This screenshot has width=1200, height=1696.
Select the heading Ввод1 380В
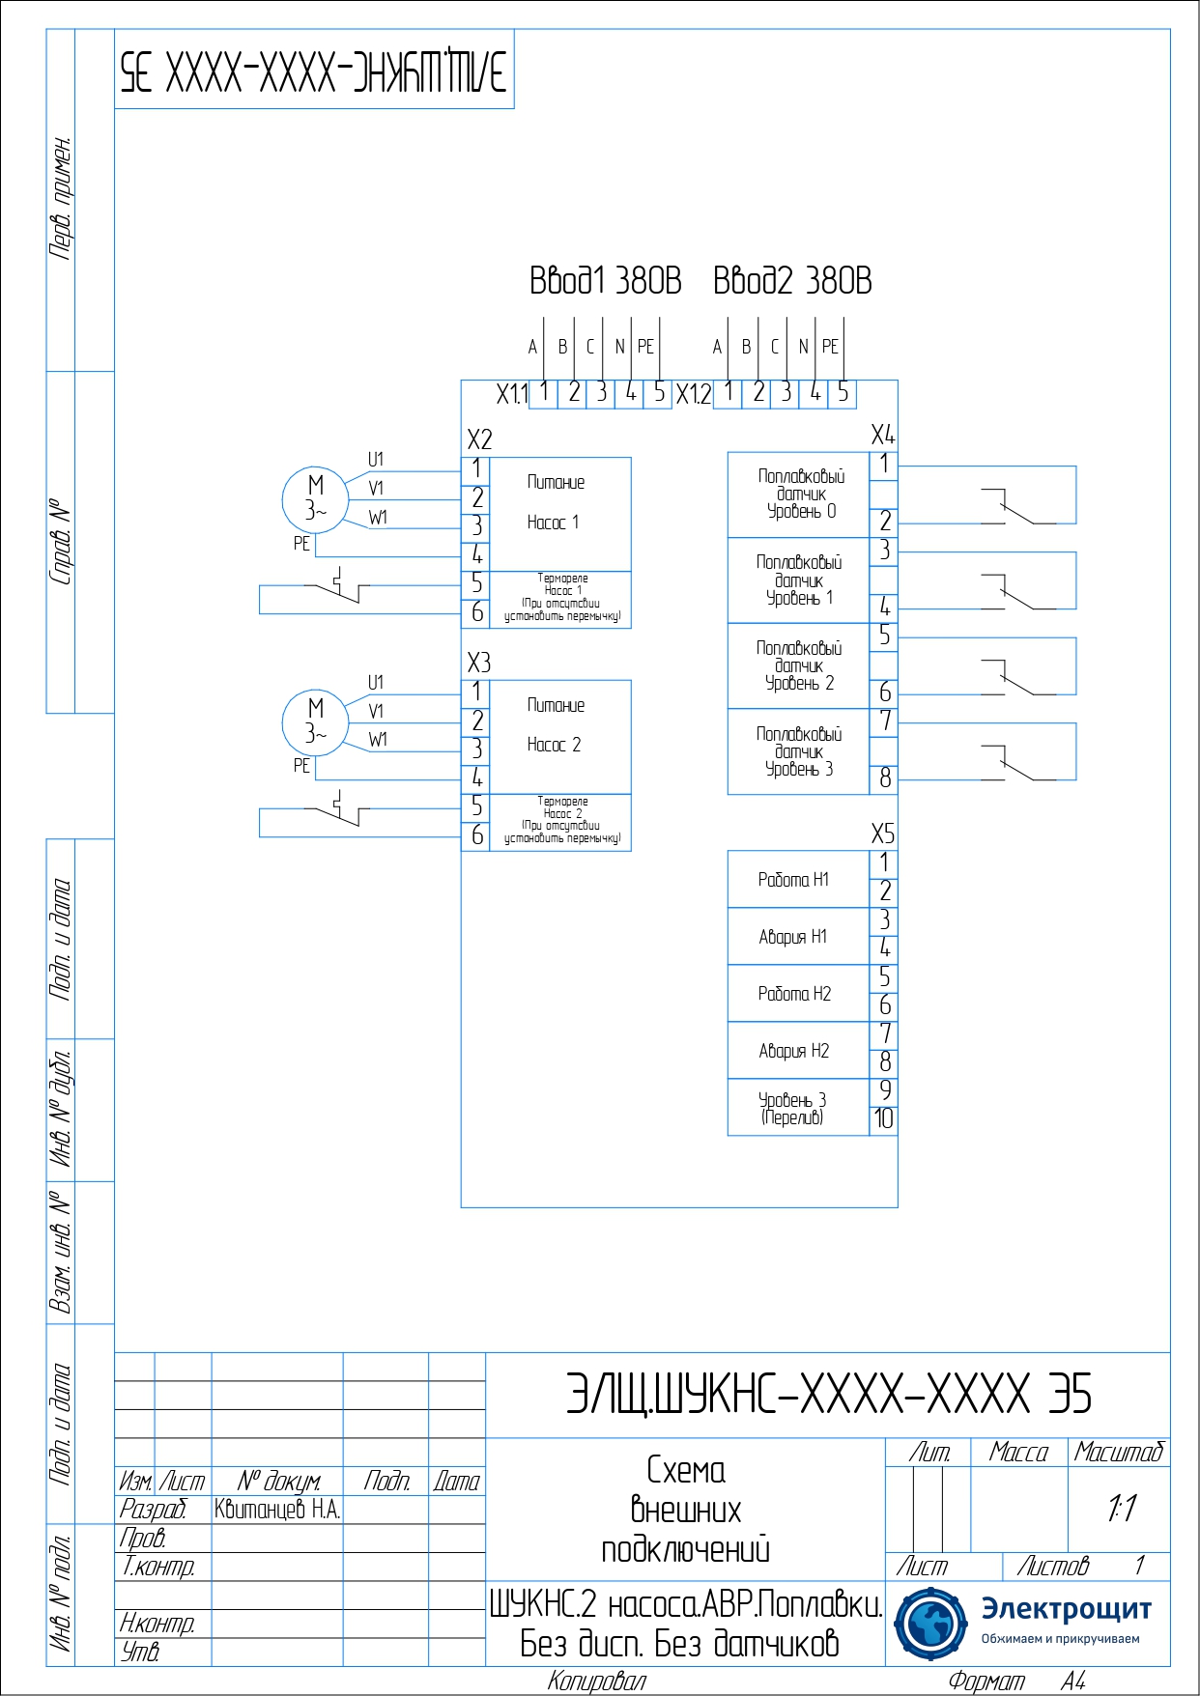pos(605,281)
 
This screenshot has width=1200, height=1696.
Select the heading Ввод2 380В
pos(792,281)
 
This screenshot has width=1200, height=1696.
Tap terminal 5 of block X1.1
pos(658,393)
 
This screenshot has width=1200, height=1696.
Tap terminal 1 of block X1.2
pos(728,393)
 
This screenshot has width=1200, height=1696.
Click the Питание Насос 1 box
pos(560,513)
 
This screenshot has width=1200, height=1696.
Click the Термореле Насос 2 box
pos(560,822)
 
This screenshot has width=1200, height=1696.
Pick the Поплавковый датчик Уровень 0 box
pos(799,495)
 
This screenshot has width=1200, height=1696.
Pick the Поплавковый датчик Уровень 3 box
pos(799,752)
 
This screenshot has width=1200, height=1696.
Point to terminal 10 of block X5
pos(884,1120)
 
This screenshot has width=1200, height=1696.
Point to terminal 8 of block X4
pos(884,778)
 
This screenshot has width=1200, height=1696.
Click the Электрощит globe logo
pos(929,1624)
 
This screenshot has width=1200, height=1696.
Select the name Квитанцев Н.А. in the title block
pos(277,1510)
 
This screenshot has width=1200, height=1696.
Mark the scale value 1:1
pos(1121,1508)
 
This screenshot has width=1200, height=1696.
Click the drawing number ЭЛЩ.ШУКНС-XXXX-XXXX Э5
pos(828,1395)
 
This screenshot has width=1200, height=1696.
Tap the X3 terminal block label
pos(479,663)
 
